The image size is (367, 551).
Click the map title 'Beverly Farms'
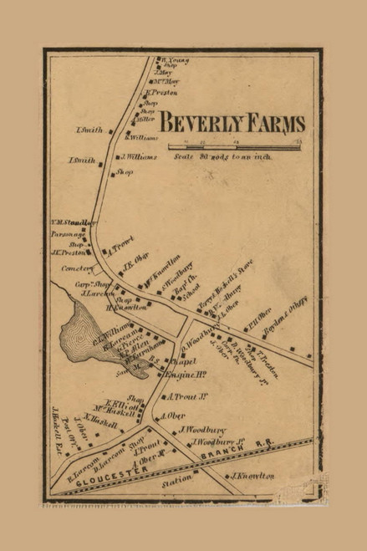click(x=232, y=124)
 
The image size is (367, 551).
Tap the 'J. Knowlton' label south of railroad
click(x=250, y=475)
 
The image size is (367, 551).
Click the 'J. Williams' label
click(x=139, y=156)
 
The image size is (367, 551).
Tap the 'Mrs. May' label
click(x=166, y=81)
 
